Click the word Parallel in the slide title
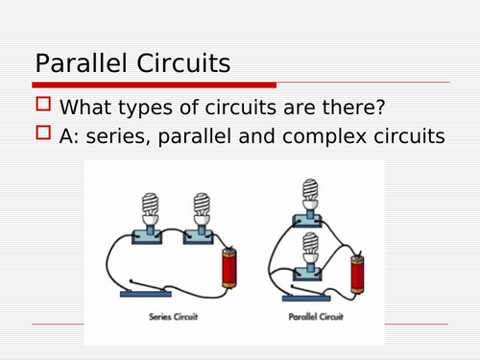click(84, 64)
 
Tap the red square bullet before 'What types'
click(43, 106)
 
